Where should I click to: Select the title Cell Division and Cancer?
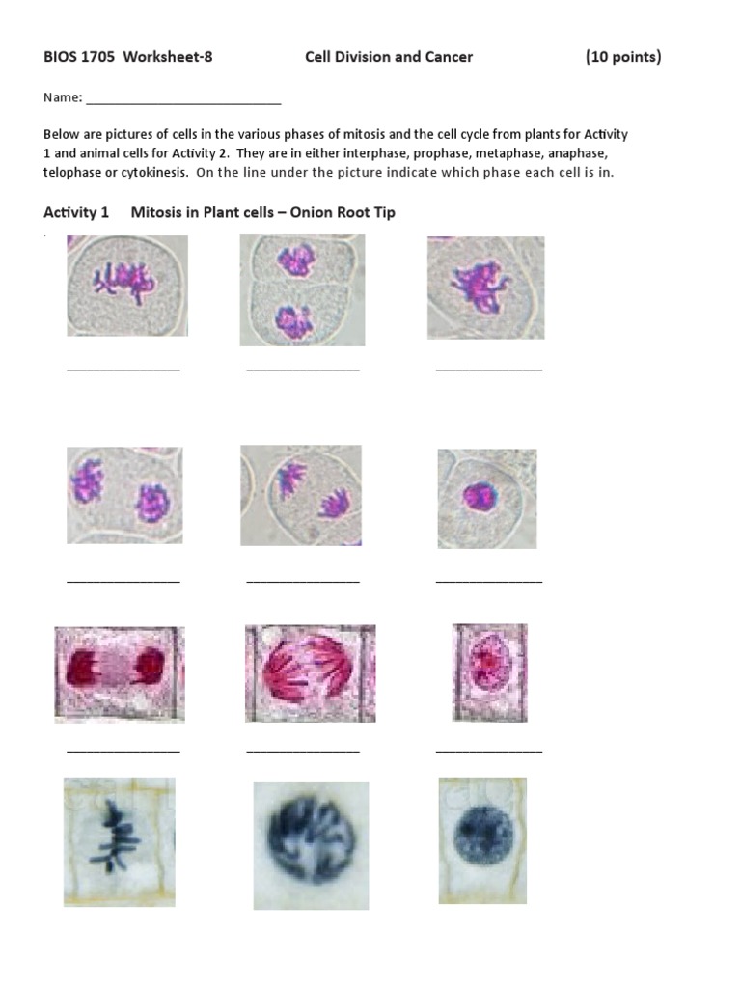click(x=389, y=57)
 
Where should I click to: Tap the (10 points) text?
click(x=623, y=57)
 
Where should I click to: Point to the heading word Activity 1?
click(x=77, y=212)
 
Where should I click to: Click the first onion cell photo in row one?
click(x=126, y=286)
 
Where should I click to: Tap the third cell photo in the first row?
click(x=485, y=288)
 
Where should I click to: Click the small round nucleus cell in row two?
click(x=486, y=498)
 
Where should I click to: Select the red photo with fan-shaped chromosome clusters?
click(x=310, y=672)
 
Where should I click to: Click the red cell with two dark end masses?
click(x=119, y=673)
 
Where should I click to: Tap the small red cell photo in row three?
click(x=489, y=672)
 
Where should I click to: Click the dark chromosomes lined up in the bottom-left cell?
click(x=107, y=836)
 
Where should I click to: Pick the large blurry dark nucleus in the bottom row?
click(x=311, y=845)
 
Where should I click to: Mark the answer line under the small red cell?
click(x=488, y=750)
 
